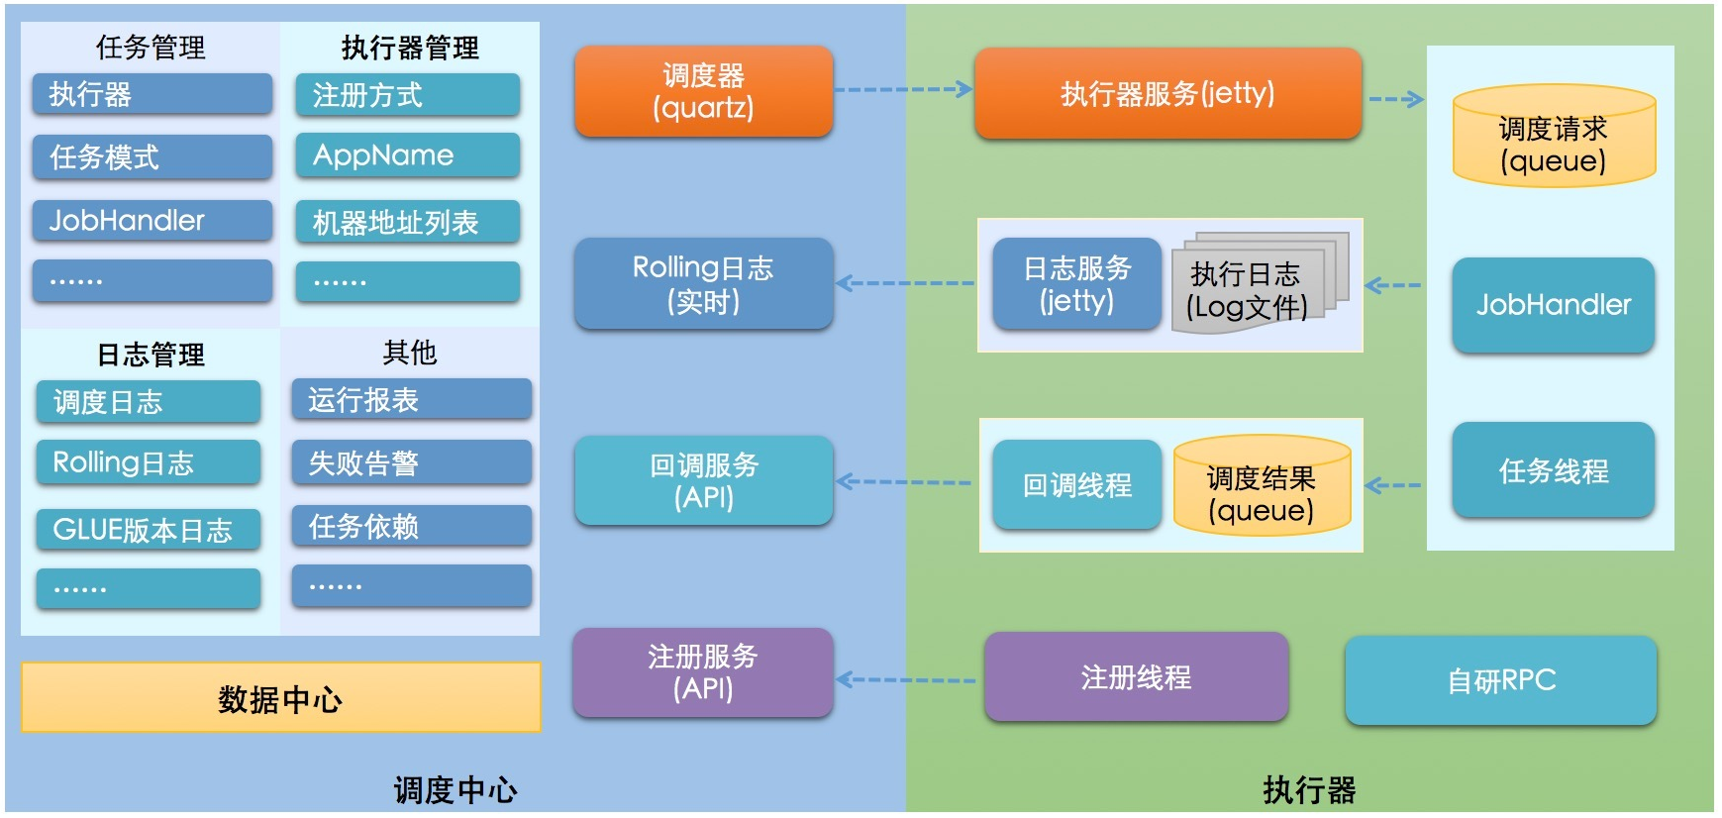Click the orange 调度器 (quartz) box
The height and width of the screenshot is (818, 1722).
[703, 91]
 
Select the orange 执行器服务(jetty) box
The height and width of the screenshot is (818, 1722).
[1167, 93]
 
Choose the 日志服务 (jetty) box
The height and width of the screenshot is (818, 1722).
[1076, 284]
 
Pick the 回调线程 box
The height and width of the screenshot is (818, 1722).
[1076, 485]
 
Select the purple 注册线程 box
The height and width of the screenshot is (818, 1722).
[1136, 677]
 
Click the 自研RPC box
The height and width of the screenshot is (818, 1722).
[1500, 680]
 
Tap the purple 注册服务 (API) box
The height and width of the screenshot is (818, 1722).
[703, 672]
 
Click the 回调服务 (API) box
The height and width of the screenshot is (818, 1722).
[703, 480]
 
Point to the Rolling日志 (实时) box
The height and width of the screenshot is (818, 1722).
[703, 283]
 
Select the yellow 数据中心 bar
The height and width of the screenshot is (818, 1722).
[280, 698]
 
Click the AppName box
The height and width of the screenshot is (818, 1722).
[407, 155]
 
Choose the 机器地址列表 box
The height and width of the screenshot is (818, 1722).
[407, 222]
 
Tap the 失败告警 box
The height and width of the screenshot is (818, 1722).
[411, 462]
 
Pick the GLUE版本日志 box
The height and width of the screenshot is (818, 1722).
[149, 530]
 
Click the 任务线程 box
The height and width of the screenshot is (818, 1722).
[1553, 470]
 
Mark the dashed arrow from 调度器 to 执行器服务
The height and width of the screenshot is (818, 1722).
[902, 89]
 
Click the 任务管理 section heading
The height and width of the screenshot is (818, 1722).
[151, 47]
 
